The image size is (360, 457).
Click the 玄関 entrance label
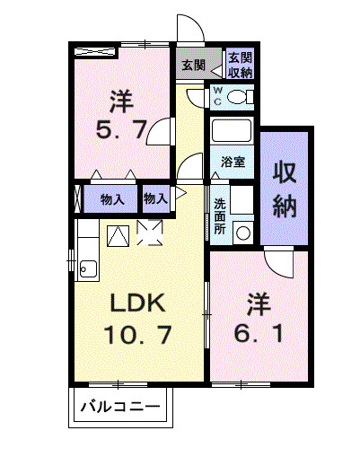pos(192,65)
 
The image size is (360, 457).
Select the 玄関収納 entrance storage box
pos(239,65)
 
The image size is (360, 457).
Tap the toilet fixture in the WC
pos(238,97)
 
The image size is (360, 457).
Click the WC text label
pos(218,96)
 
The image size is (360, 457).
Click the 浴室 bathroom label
pos(233,163)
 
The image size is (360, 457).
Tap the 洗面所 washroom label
pos(220,211)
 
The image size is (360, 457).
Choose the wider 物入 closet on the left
pos(112,198)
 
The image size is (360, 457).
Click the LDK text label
pos(135,302)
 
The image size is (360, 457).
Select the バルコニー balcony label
pos(119,408)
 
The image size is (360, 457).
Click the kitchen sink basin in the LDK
pos(87,267)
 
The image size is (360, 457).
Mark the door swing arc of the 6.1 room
pos(277,262)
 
